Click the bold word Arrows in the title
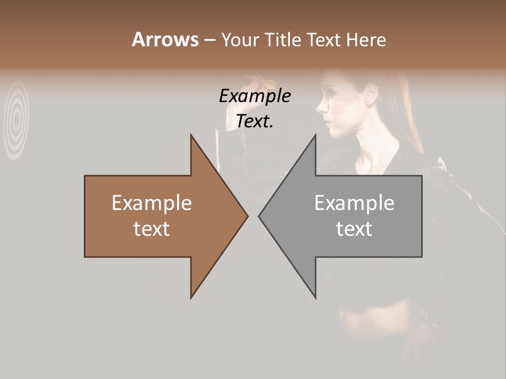coord(165,40)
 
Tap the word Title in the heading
coord(281,40)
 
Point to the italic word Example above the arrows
coord(255,96)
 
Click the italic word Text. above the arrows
coord(255,121)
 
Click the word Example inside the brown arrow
coord(152,203)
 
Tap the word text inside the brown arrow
coord(152,229)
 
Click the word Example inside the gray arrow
coord(354,203)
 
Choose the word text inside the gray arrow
coord(354,229)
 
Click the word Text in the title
coord(323,40)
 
